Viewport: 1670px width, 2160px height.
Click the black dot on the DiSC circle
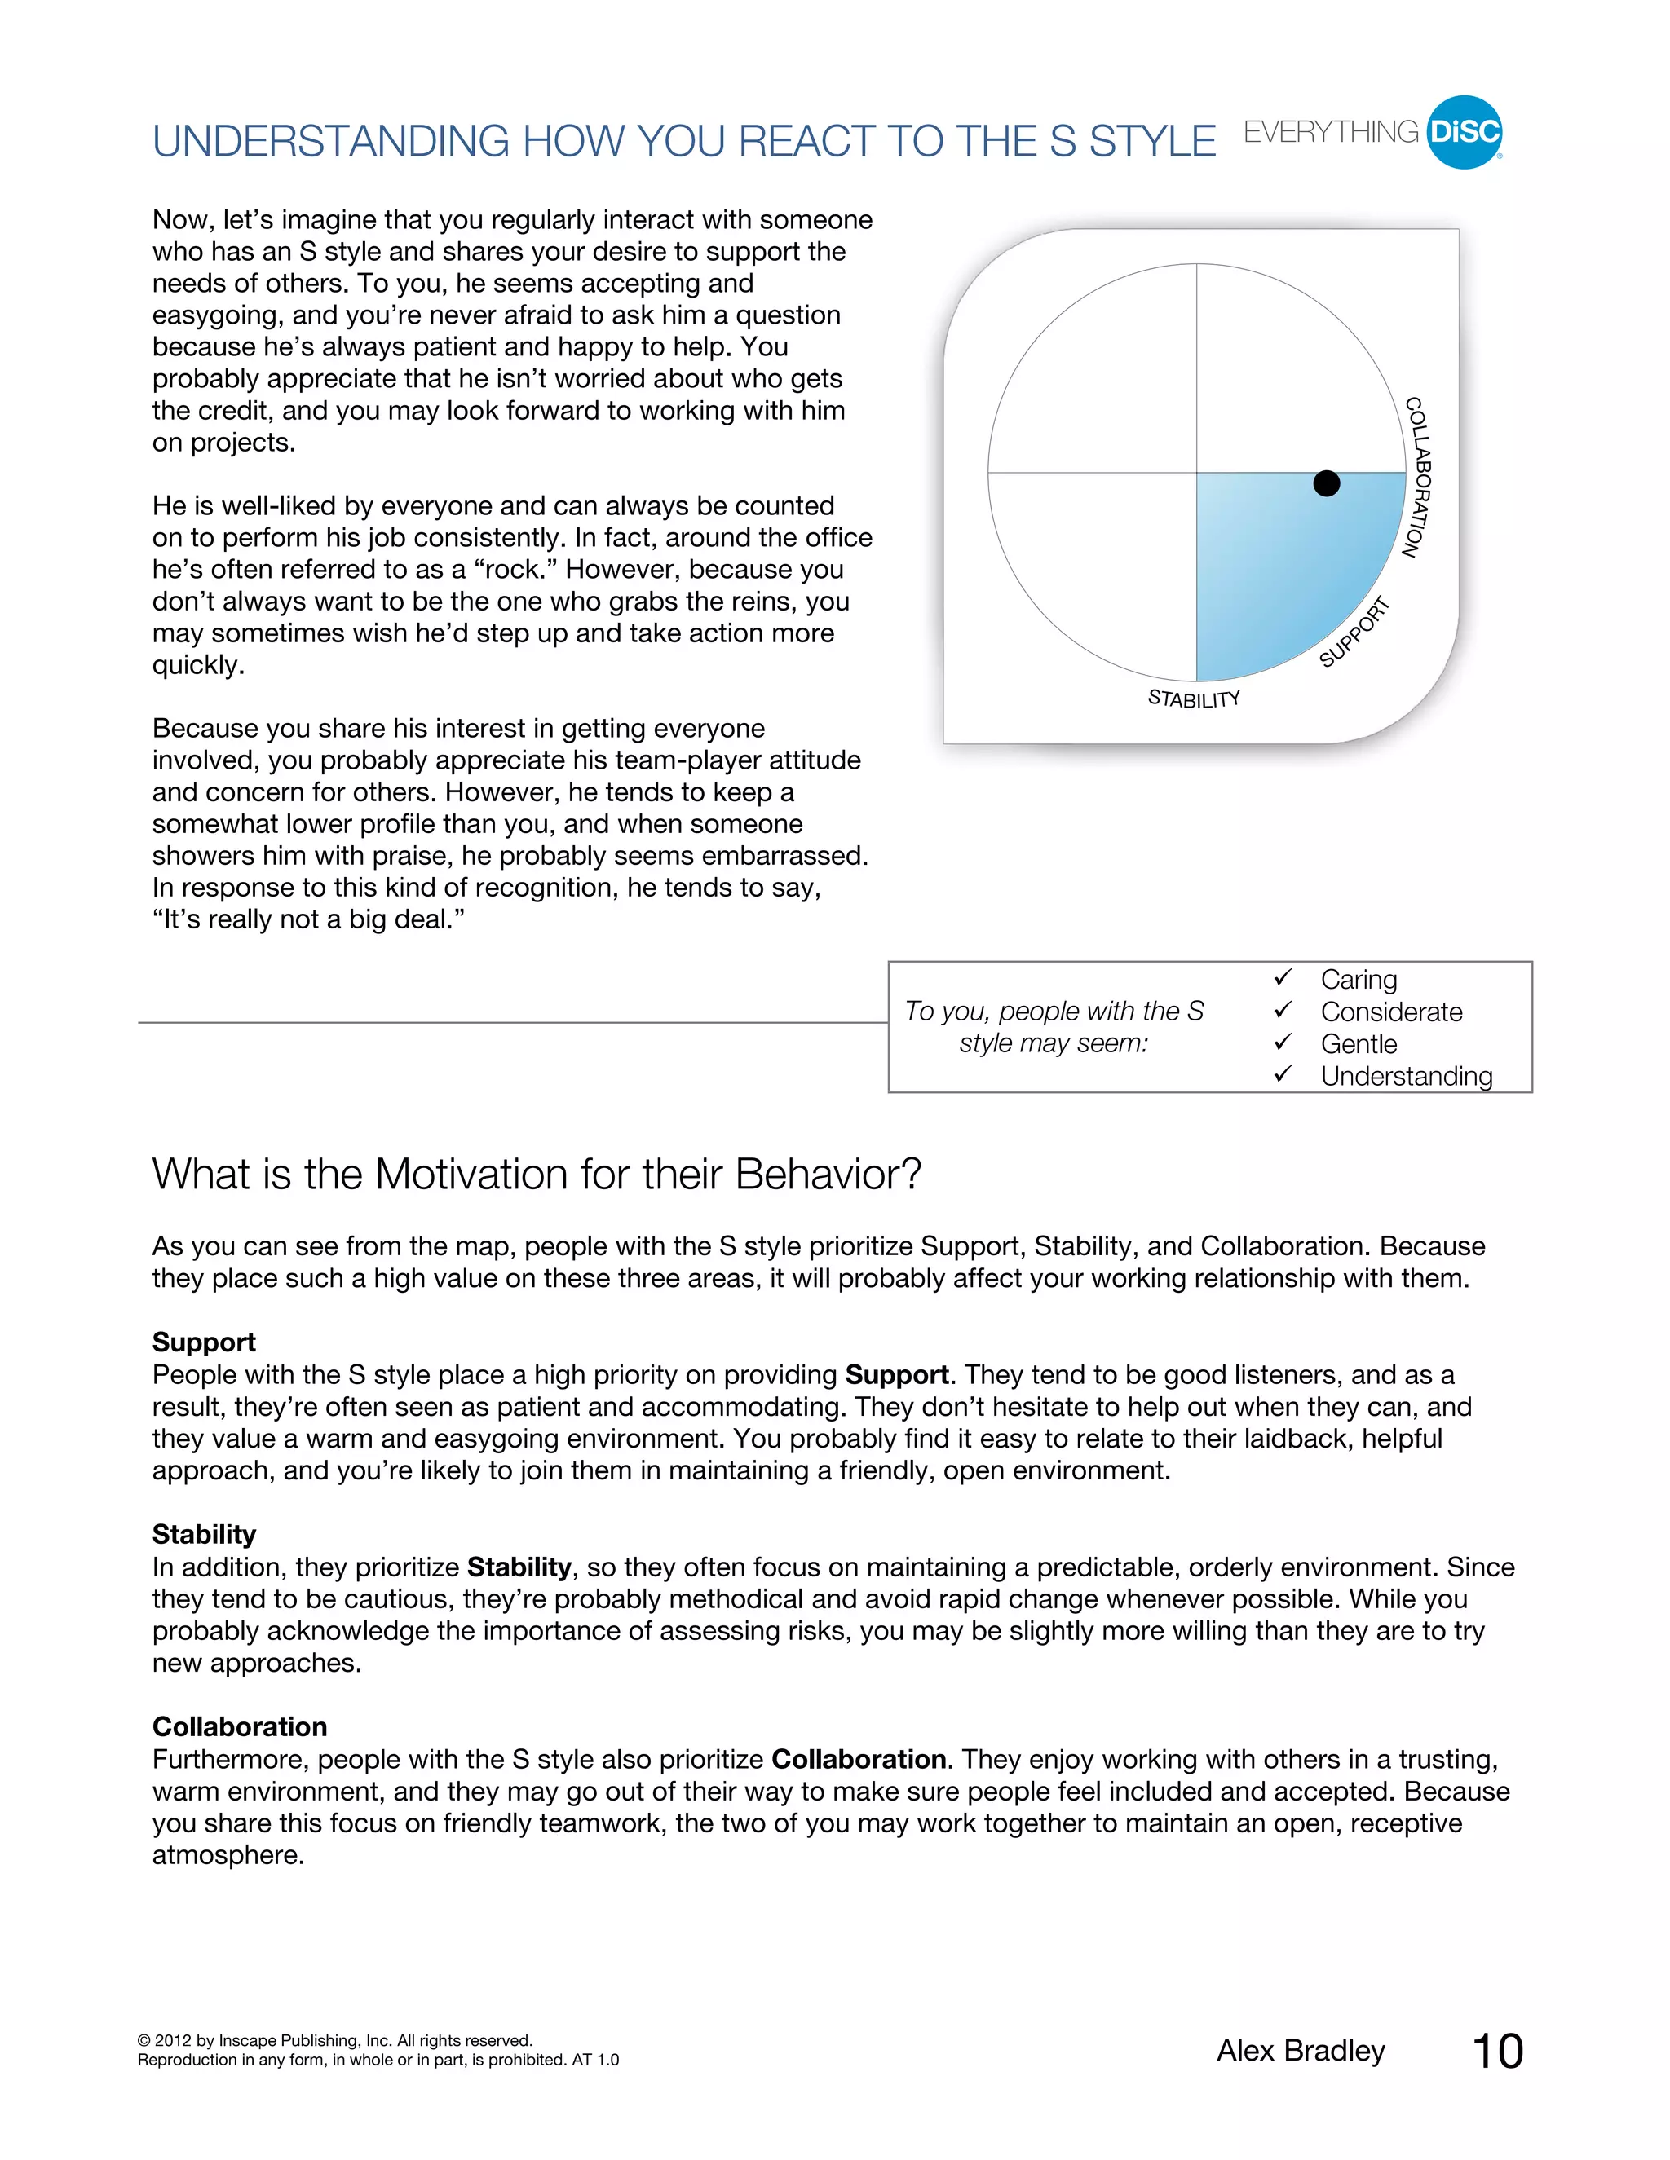pos(1326,483)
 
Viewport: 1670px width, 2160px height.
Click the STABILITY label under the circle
pos(1193,699)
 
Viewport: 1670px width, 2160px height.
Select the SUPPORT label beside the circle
pos(1354,633)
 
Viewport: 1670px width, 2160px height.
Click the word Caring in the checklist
pos(1359,979)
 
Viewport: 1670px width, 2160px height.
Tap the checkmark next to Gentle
pos(1283,1043)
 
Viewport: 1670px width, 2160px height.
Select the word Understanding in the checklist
pos(1406,1076)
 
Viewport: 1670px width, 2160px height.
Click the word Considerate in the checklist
pos(1391,1012)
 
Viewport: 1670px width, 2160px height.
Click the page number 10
pos(1498,2052)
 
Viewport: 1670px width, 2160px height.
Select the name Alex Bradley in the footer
pos(1300,2052)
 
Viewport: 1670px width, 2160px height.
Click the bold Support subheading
pos(204,1342)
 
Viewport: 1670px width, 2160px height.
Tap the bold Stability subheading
pos(204,1534)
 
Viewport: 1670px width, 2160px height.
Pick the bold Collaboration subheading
pos(240,1727)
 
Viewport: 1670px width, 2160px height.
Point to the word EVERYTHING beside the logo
pos(1331,133)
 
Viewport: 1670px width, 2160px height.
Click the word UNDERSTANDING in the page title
pos(331,142)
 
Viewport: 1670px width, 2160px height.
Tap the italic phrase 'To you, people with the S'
pos(1054,1011)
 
